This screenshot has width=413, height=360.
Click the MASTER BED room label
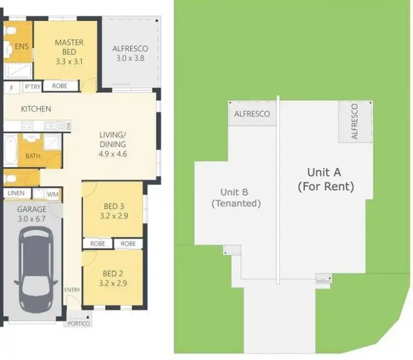tap(69, 47)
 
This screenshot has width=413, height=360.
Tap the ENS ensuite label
tap(22, 46)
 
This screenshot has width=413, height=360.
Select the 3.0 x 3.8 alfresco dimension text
tap(130, 58)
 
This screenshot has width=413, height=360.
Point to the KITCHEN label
tap(36, 109)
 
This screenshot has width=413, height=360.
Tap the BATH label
tap(32, 156)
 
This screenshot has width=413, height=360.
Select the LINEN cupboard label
tap(16, 194)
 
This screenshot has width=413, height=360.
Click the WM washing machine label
tap(53, 194)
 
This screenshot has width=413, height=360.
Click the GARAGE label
tap(31, 209)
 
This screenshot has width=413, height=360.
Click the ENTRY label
tap(72, 291)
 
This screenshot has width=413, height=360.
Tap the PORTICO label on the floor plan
tap(79, 324)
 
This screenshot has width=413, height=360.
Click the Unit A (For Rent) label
tap(325, 180)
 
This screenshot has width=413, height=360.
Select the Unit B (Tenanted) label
tap(236, 197)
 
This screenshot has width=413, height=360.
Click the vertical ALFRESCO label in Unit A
tap(355, 121)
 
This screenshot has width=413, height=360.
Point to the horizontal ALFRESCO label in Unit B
tap(252, 114)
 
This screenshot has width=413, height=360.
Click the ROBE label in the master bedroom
tap(60, 86)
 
